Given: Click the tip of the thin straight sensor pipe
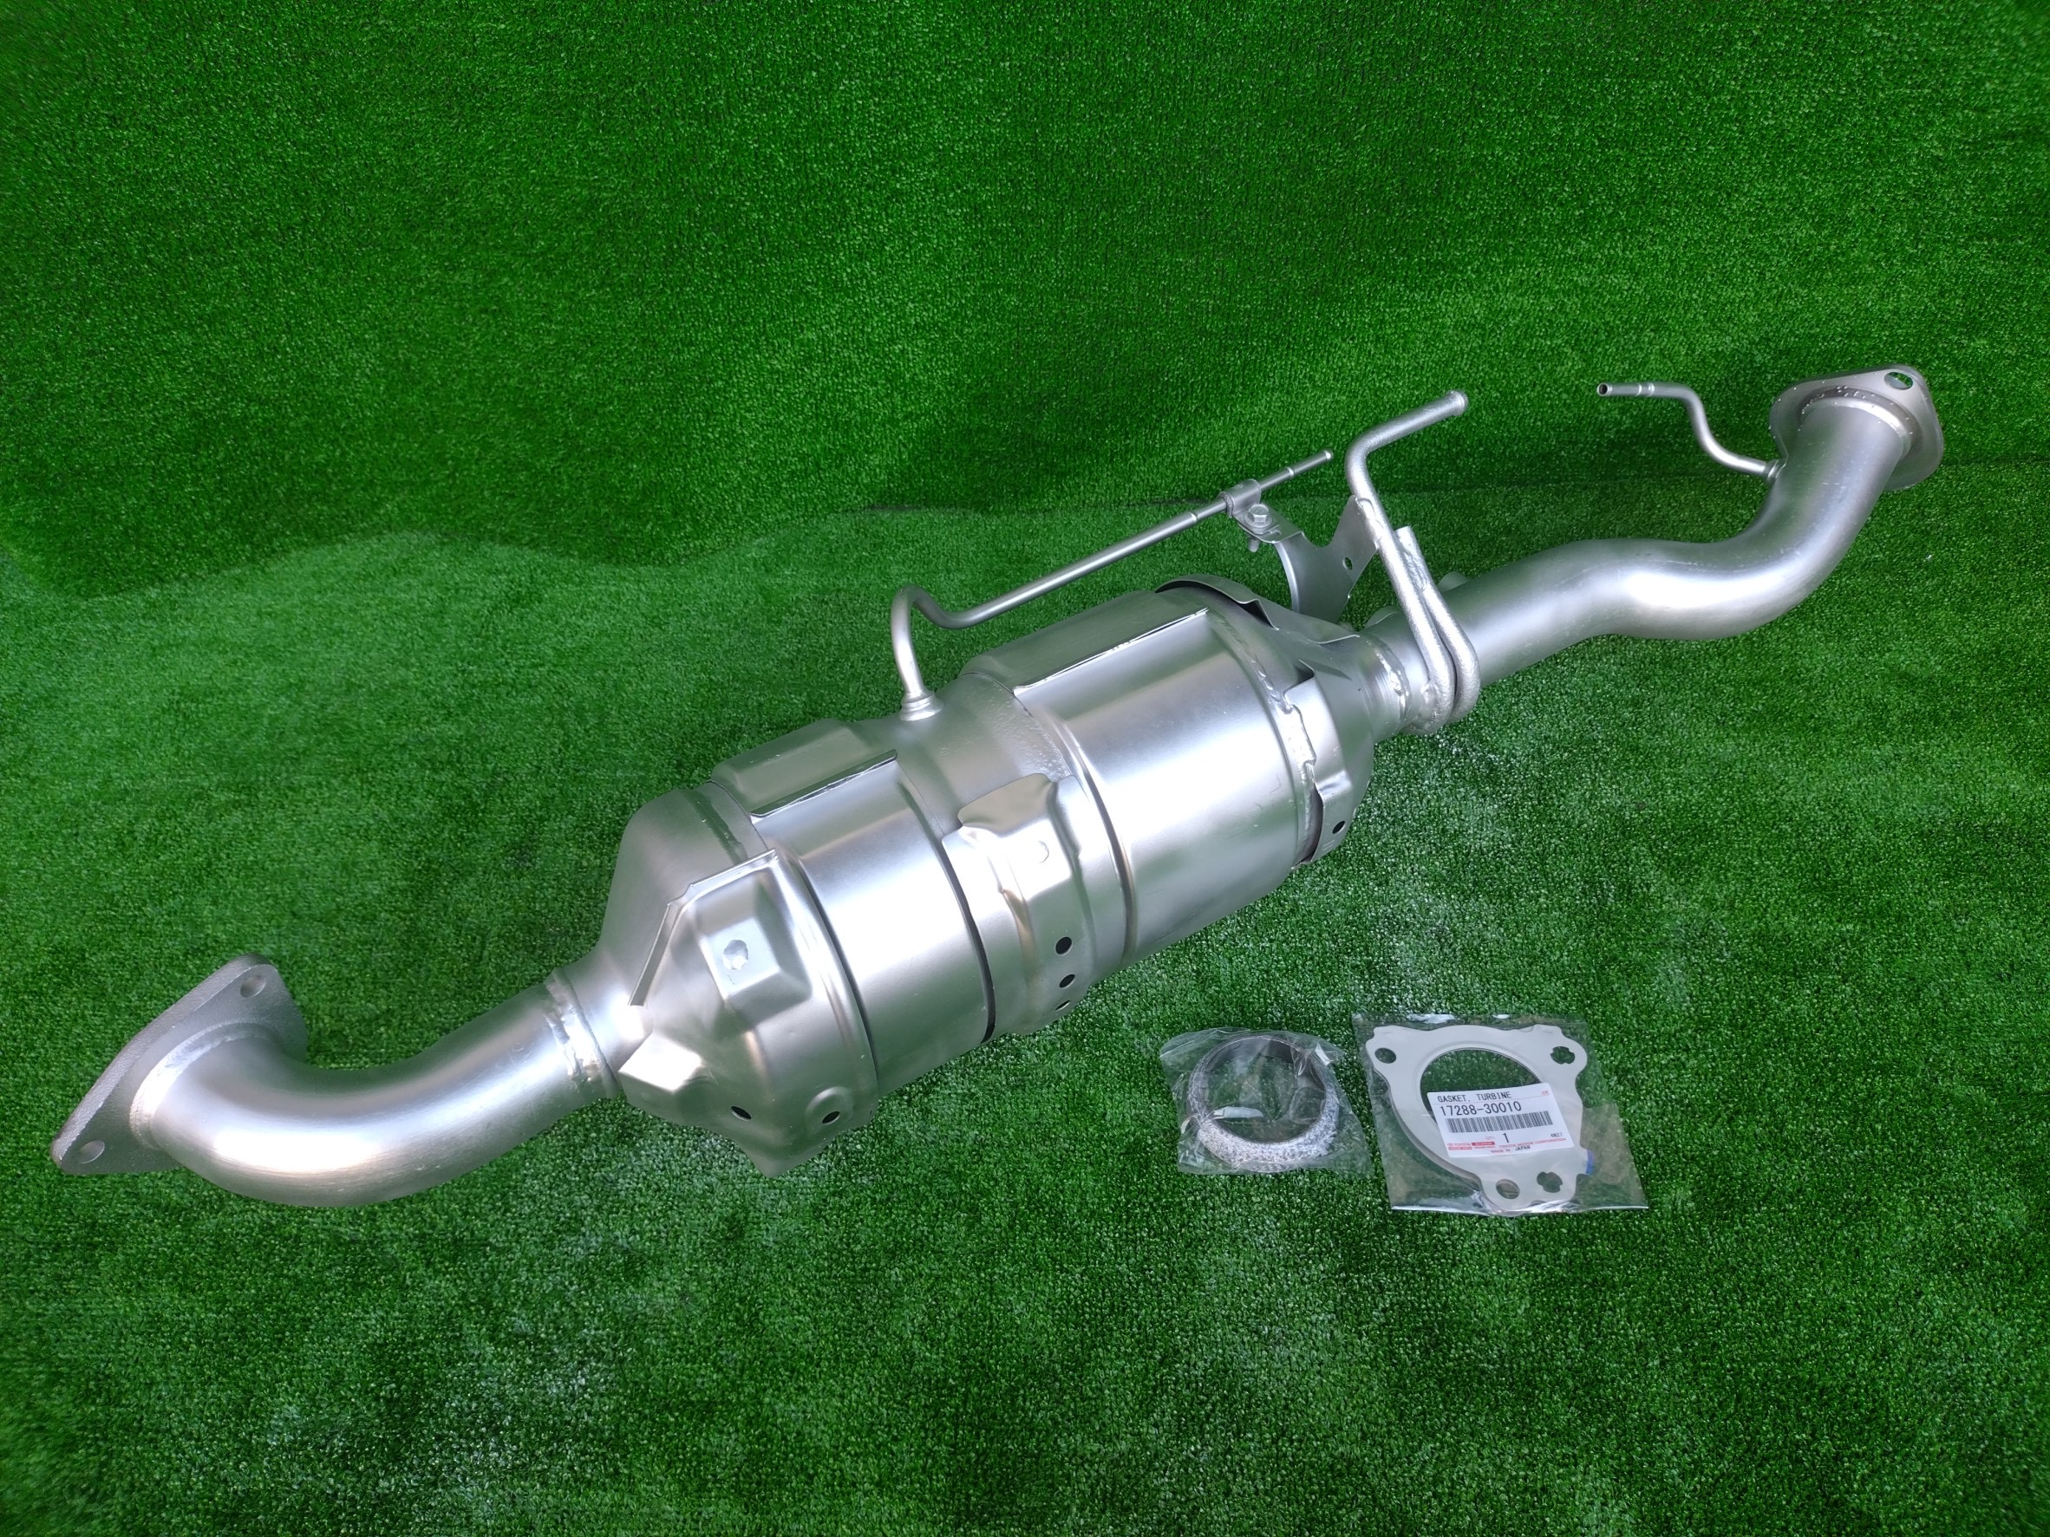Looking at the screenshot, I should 1326,456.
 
